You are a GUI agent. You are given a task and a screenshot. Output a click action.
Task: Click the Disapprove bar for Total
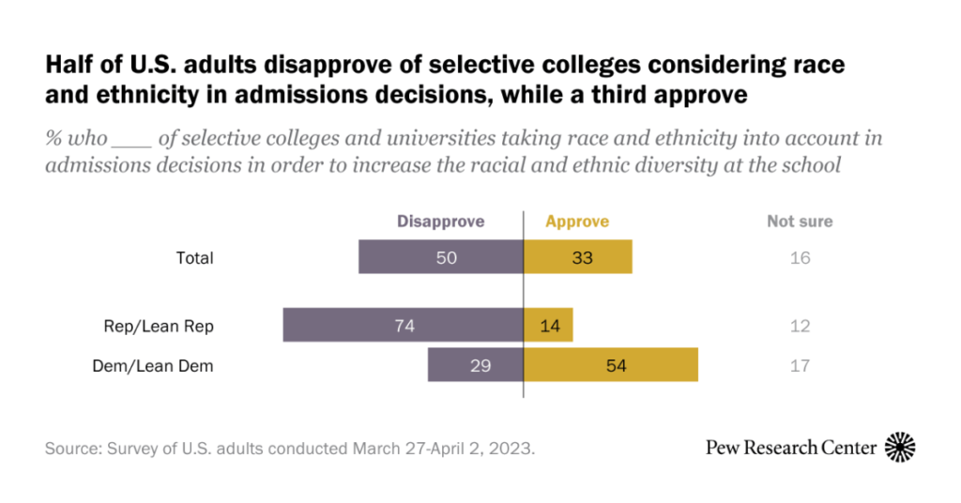441,257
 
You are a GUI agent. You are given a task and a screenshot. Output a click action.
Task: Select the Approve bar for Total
578,257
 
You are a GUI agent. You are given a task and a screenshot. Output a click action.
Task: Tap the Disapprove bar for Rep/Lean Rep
404,326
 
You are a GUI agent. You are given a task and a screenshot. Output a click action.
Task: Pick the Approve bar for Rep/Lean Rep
548,326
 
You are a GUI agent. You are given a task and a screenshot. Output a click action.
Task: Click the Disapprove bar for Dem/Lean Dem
476,365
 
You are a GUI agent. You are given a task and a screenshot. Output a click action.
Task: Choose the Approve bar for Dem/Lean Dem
611,365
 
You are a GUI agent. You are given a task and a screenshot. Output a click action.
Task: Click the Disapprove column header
440,221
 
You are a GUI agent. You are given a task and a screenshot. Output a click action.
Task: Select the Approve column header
577,221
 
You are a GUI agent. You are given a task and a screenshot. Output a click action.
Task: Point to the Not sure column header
800,221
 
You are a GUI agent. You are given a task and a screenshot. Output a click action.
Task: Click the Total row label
195,258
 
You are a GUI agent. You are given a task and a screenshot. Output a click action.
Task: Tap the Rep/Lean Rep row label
159,327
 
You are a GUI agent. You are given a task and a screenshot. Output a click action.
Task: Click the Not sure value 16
800,258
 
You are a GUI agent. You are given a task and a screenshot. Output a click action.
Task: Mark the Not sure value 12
800,327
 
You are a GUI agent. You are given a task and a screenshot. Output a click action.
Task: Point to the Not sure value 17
800,366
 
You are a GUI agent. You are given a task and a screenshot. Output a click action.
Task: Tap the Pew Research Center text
791,449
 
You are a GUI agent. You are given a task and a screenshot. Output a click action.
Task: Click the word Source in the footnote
72,449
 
